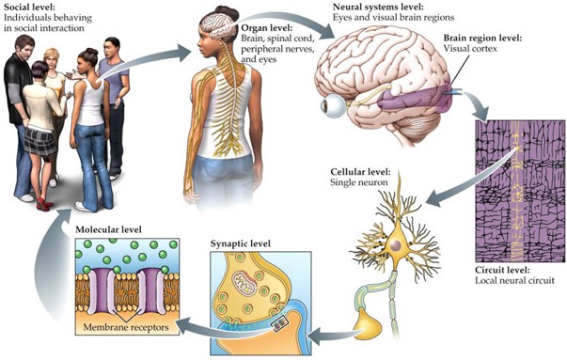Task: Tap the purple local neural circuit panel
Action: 512,188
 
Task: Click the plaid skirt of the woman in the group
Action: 42,140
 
